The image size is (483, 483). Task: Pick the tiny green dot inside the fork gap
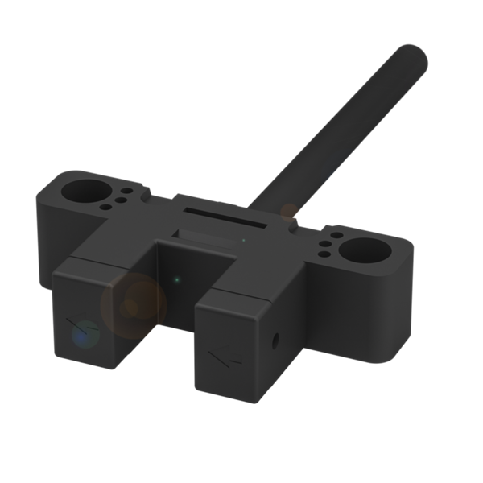tap(177, 280)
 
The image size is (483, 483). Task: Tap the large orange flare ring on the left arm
tap(133, 304)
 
